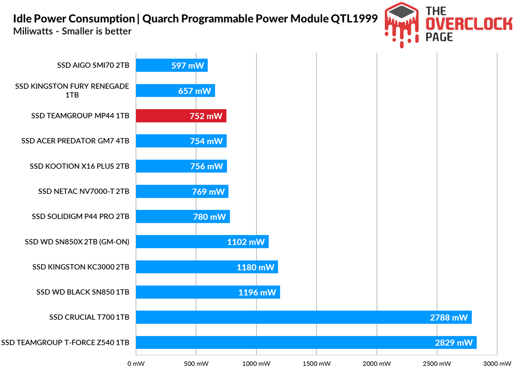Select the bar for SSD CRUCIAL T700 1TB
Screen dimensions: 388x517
click(x=303, y=317)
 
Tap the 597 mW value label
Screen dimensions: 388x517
click(x=188, y=66)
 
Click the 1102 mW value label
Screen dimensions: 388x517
click(x=246, y=242)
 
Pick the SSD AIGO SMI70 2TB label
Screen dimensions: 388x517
click(x=93, y=66)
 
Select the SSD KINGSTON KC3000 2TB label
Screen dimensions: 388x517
click(x=81, y=267)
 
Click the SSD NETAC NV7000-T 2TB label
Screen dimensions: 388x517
click(x=83, y=191)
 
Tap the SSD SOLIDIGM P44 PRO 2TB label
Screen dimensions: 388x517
click(x=80, y=217)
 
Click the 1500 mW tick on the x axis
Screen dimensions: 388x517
click(x=316, y=364)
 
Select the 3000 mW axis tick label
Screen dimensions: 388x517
click(x=497, y=364)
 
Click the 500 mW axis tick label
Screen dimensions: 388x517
click(x=196, y=364)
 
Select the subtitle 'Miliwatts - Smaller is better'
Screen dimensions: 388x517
click(x=72, y=31)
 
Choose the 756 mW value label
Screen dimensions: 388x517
click(x=207, y=166)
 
